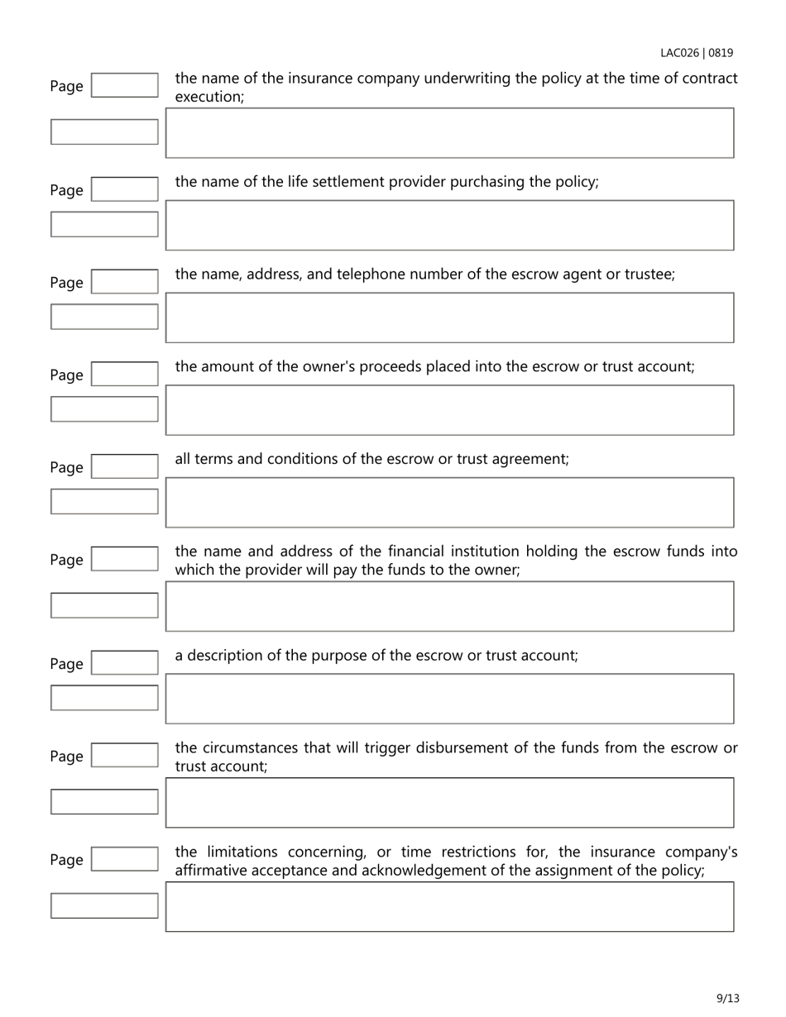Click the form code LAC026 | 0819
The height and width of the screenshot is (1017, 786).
click(696, 53)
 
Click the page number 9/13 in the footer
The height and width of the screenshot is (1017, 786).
click(727, 998)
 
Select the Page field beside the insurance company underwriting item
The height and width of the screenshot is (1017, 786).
click(124, 85)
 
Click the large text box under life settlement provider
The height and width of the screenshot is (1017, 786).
click(449, 225)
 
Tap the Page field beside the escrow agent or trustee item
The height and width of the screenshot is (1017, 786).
click(124, 282)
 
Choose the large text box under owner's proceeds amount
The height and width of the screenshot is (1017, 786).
click(449, 410)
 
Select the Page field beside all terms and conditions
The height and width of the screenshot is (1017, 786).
click(124, 467)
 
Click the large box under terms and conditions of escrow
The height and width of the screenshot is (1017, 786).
click(449, 503)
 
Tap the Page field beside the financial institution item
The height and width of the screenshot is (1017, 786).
click(124, 560)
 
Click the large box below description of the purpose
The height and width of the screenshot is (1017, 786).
click(449, 699)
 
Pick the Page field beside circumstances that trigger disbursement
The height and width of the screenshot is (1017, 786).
click(124, 756)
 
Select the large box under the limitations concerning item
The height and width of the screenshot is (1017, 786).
click(449, 906)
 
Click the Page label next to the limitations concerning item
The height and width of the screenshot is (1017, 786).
click(66, 860)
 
